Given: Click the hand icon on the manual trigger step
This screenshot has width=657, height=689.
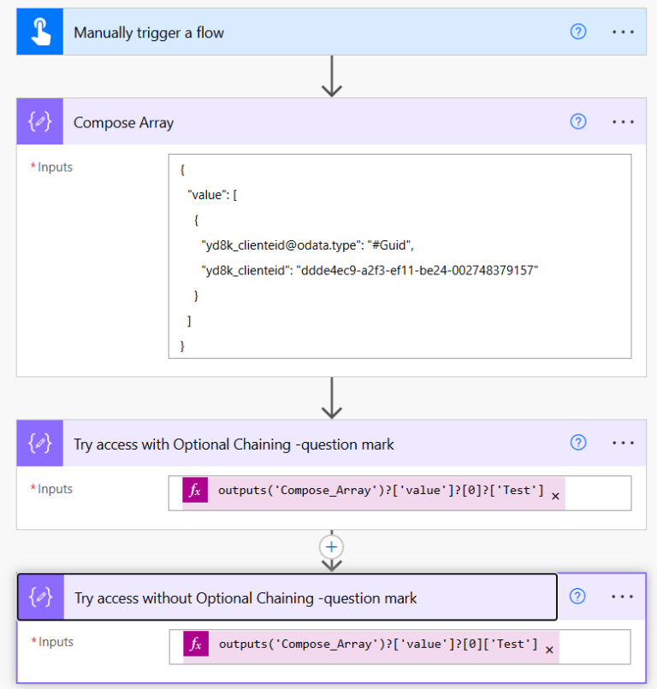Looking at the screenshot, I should [40, 32].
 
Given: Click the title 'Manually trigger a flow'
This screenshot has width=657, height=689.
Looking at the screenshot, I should [149, 32].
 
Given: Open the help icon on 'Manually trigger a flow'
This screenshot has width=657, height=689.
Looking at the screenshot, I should [578, 32].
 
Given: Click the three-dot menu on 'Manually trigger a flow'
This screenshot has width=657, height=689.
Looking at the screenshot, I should [623, 32].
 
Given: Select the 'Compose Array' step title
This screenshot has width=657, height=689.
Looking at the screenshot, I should [123, 122].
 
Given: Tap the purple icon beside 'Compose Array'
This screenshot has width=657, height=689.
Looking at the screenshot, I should [40, 121].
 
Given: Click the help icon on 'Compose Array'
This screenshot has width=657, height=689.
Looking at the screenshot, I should [578, 121].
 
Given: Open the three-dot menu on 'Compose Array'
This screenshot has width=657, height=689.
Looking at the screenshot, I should [623, 121].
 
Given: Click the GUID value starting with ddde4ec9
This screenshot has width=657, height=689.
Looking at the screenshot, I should [419, 271].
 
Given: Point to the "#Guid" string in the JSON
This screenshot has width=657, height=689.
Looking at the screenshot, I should [391, 246].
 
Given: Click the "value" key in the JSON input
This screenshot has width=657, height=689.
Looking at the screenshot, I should [208, 196].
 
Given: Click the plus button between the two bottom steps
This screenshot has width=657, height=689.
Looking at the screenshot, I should [331, 546].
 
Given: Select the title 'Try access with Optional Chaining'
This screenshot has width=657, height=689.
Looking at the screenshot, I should [234, 444].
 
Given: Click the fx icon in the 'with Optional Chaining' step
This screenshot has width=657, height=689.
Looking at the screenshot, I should [195, 491].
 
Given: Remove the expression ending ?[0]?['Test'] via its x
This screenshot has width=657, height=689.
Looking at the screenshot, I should [555, 496].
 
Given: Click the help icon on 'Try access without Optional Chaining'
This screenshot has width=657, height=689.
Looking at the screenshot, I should [578, 597].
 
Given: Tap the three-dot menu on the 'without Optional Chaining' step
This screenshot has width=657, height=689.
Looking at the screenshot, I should [623, 597].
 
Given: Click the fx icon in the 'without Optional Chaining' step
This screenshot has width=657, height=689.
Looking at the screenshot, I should [196, 645].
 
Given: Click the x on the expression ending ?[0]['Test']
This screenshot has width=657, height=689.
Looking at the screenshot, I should [549, 650].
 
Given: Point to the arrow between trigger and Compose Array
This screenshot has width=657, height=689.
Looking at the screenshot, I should [331, 78].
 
